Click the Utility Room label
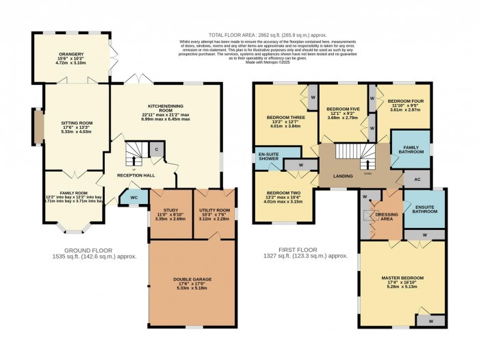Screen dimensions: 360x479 pos(213,211)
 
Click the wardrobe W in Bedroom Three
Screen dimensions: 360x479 pos(312,96)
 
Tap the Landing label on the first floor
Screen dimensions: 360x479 pos(344,176)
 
